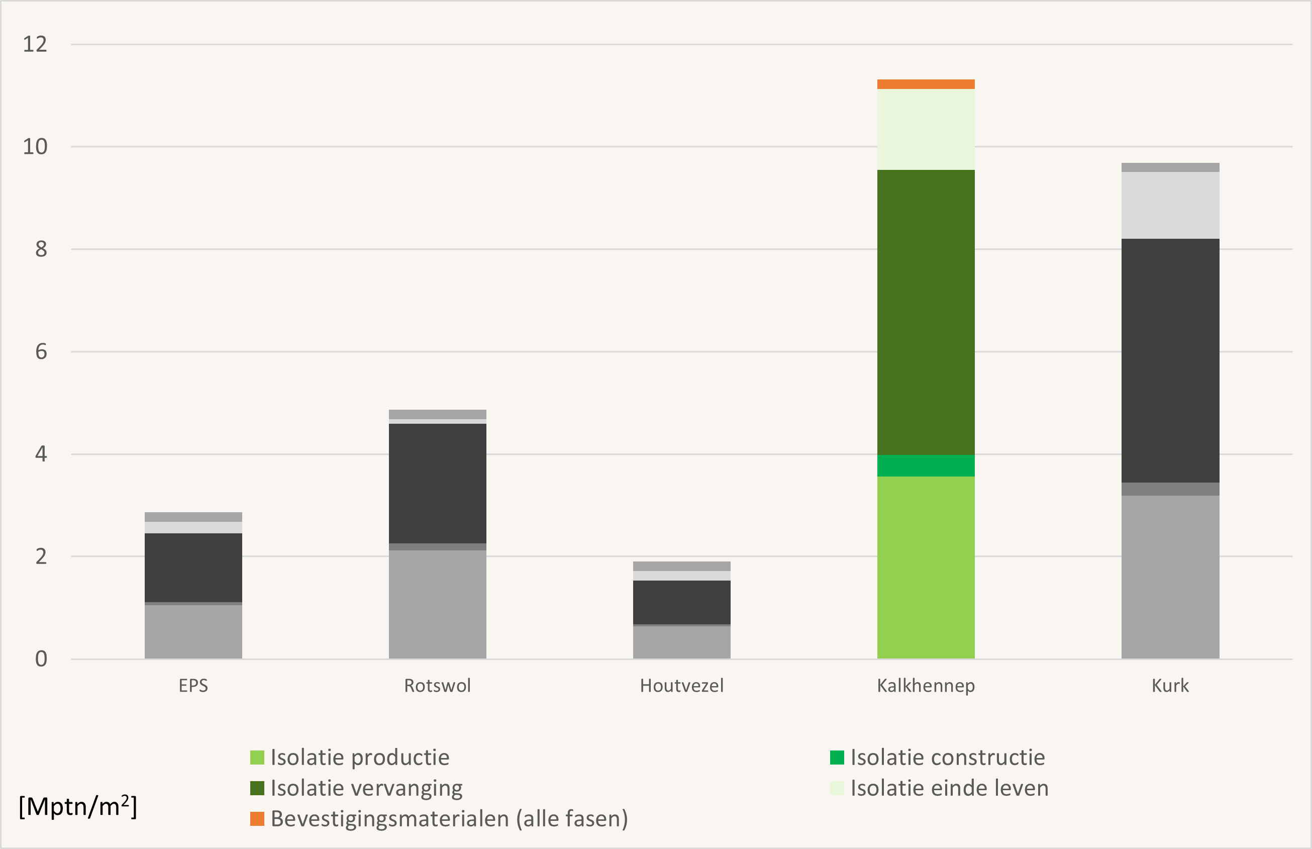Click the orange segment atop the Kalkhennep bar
926,84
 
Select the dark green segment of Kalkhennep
926,312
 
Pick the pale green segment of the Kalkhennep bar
926,129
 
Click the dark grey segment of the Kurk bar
1170,360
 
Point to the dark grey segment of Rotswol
438,484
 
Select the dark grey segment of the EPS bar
193,568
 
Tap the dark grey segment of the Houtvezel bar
681,602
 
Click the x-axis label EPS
193,686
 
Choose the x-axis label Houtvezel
681,686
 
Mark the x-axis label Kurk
1170,686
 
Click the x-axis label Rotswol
438,686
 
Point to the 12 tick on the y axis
35,44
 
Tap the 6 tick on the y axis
41,352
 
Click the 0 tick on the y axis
41,659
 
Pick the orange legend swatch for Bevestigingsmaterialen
257,819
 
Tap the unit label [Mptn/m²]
78,807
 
